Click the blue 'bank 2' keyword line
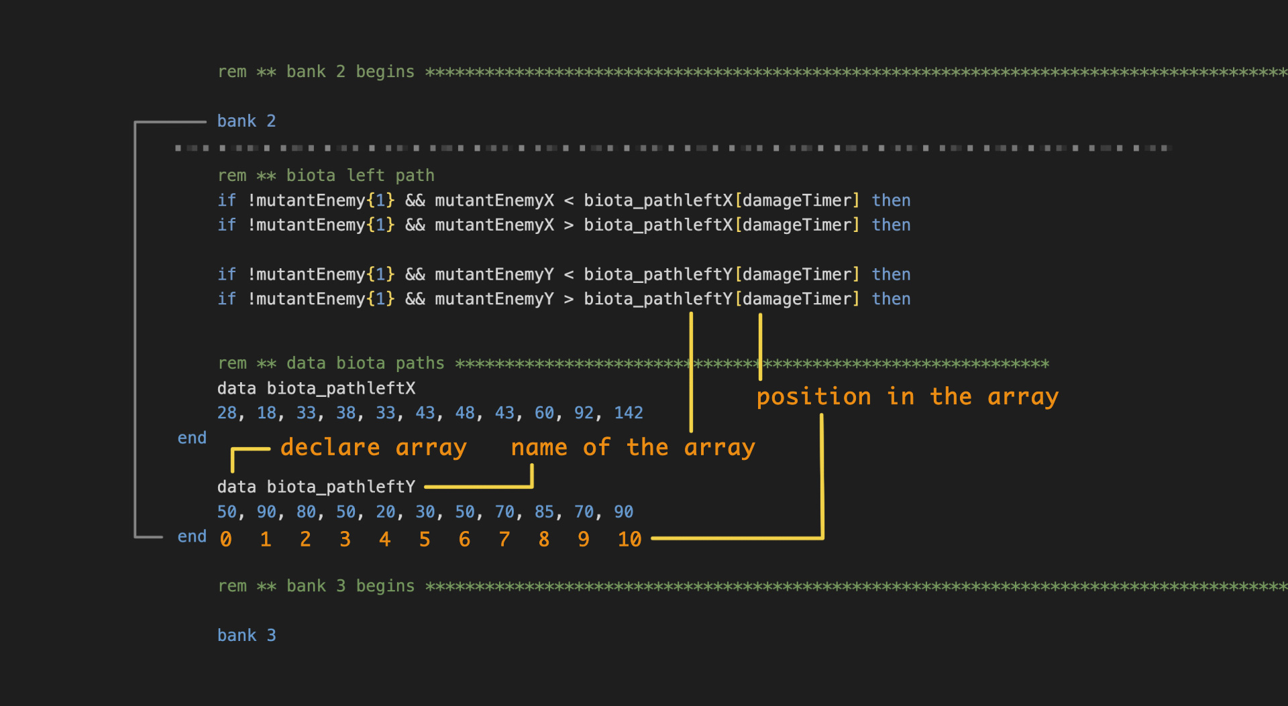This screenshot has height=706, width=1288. point(246,121)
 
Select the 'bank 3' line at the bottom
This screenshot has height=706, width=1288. point(246,636)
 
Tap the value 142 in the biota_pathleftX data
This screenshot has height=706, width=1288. point(629,413)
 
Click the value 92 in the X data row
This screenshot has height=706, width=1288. point(584,413)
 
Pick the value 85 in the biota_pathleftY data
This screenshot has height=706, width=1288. point(544,512)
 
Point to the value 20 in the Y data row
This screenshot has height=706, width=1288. point(385,512)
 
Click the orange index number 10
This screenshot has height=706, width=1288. point(629,540)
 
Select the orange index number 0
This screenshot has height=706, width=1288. point(226,540)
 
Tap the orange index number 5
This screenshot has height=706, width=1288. point(425,540)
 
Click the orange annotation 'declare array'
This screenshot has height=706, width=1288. point(373,448)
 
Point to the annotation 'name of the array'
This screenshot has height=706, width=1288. point(633,448)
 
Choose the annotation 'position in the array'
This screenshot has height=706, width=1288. point(907,397)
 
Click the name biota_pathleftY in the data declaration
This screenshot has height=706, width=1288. point(341,487)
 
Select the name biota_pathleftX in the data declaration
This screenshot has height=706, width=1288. point(341,389)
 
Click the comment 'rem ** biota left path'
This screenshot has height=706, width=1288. point(326,176)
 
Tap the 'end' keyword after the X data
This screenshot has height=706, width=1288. point(192,438)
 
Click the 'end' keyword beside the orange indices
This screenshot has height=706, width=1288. point(192,536)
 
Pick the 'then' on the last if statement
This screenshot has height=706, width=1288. point(891,299)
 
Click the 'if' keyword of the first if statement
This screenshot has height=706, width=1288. point(227,200)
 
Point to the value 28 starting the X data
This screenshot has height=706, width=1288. point(227,413)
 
